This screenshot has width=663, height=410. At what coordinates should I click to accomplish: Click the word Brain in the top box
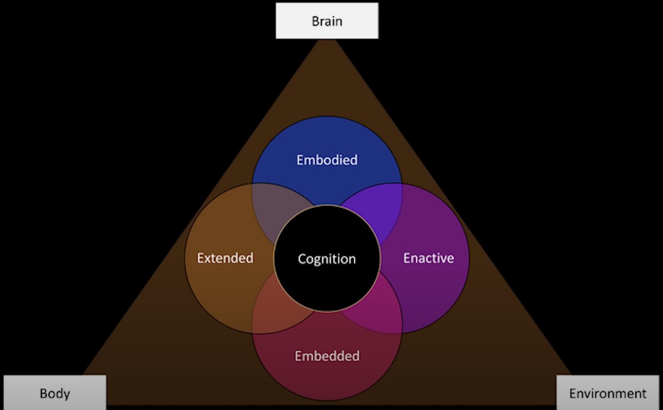[327, 21]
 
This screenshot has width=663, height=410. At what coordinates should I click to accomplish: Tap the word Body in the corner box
[55, 394]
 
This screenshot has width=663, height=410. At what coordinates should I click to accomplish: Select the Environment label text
[608, 394]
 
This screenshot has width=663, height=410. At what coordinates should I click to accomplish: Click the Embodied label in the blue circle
[327, 160]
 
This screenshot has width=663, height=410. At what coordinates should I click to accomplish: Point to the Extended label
[225, 258]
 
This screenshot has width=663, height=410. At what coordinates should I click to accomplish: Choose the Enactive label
[428, 258]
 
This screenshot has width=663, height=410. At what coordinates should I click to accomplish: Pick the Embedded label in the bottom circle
[327, 356]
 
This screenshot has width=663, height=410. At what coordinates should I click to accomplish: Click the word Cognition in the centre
[327, 259]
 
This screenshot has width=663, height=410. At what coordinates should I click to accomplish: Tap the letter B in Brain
[315, 21]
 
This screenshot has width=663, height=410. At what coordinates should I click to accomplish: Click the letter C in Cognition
[302, 259]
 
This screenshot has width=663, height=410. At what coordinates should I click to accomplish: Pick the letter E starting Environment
[573, 394]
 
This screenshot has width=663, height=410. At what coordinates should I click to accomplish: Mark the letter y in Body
[67, 395]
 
